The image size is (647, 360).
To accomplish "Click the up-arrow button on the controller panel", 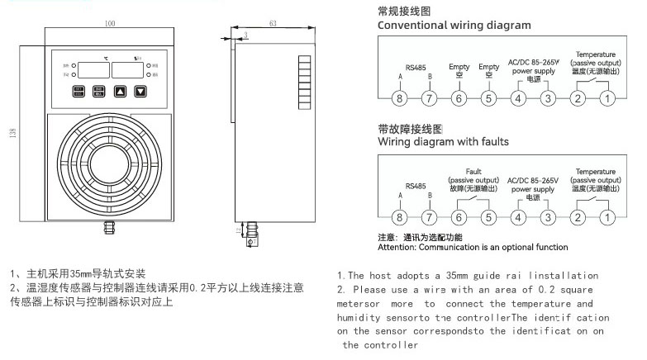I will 121,92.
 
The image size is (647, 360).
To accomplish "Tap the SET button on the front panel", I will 78,92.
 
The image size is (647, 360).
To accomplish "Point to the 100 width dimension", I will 110,23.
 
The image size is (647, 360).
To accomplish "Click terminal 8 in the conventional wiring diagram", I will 400,99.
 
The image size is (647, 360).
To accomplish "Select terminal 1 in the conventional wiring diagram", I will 607,99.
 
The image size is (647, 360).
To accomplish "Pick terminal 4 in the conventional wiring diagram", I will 518,99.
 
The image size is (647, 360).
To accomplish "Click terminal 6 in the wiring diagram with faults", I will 459,218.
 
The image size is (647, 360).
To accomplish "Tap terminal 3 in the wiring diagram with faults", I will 547,218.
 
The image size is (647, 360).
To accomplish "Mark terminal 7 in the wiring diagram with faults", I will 429,218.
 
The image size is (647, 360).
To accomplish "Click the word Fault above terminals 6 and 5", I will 473,171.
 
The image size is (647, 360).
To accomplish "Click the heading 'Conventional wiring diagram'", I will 454,26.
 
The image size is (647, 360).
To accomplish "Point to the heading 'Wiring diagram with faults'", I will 443,142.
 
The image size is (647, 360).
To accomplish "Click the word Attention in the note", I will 397,247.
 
